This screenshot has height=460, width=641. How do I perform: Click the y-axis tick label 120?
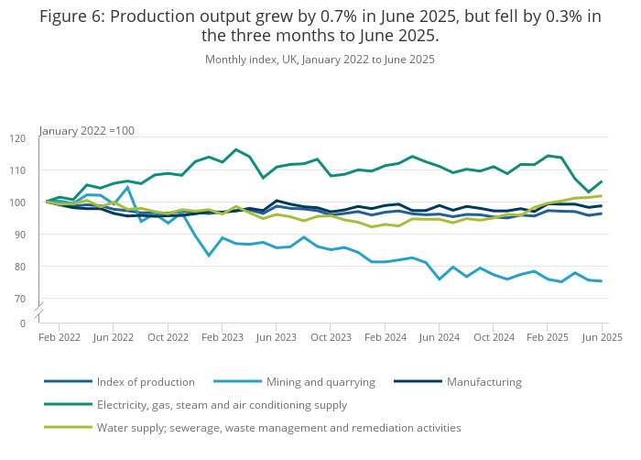coord(18,138)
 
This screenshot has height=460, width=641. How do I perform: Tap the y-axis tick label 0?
coord(23,323)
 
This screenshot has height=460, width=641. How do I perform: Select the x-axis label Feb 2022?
coord(60,337)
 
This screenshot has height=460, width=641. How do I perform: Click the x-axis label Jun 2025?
coord(602,337)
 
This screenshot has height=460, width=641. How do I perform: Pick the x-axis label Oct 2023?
coord(331,337)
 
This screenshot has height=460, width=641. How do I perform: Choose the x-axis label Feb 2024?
coord(385,337)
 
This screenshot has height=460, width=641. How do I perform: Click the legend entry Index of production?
coord(146,382)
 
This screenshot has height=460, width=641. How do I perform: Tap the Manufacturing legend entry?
coord(483,382)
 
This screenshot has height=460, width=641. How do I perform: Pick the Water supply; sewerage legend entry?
coord(278,427)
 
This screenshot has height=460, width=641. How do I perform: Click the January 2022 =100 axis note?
coord(87,131)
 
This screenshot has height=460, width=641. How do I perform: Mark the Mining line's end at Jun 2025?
coord(602,281)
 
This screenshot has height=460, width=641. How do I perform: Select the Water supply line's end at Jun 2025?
coord(602,195)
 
